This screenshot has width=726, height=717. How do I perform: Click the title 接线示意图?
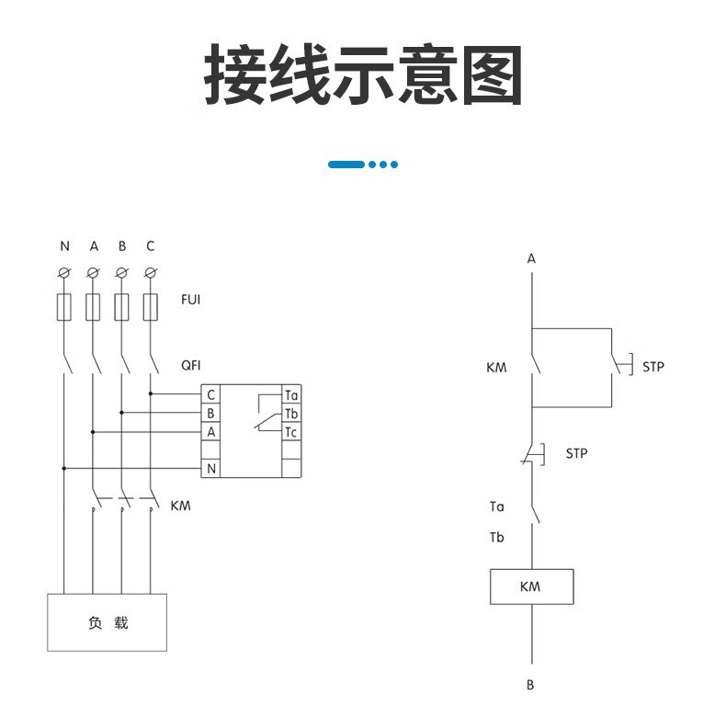pyautogui.click(x=363, y=75)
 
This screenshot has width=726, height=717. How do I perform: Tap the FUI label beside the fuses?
pyautogui.click(x=190, y=301)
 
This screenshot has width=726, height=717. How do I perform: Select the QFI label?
pyautogui.click(x=190, y=365)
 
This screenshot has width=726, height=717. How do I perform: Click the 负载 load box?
pyautogui.click(x=108, y=622)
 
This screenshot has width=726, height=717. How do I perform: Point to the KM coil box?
pyautogui.click(x=531, y=586)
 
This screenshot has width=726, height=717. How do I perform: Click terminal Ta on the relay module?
pyautogui.click(x=291, y=395)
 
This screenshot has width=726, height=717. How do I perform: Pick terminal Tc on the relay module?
pyautogui.click(x=291, y=432)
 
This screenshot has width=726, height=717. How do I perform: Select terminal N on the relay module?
pyautogui.click(x=210, y=469)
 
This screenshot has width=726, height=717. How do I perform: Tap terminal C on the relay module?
pyautogui.click(x=210, y=395)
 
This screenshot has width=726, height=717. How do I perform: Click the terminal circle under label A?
pyautogui.click(x=93, y=273)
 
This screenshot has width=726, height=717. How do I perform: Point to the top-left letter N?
pyautogui.click(x=64, y=246)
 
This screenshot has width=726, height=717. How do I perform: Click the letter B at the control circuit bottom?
pyautogui.click(x=530, y=685)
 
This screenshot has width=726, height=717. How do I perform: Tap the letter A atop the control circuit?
pyautogui.click(x=531, y=259)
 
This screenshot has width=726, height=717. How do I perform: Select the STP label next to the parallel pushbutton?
pyautogui.click(x=652, y=367)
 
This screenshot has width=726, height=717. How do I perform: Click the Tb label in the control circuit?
pyautogui.click(x=496, y=538)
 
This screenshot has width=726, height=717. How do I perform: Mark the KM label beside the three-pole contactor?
pyautogui.click(x=181, y=506)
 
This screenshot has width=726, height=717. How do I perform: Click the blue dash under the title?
pyautogui.click(x=346, y=165)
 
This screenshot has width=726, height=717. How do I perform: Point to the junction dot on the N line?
pyautogui.click(x=64, y=468)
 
